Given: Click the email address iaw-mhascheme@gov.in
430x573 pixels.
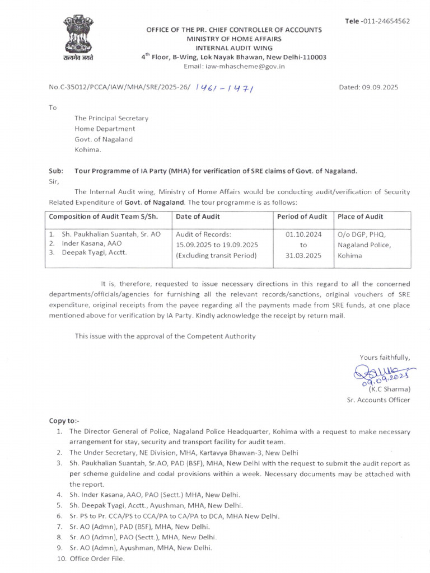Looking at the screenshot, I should point(235,66).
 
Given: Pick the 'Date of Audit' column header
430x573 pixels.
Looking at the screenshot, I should point(198,217).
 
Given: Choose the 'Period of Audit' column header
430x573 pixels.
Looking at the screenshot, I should point(302,217).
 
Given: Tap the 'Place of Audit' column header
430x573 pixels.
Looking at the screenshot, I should point(361,217).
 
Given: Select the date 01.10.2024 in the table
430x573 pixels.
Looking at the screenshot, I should point(303,234).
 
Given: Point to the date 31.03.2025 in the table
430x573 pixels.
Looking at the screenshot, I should point(303,255).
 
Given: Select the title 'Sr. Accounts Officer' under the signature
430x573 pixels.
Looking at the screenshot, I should point(378,400).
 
